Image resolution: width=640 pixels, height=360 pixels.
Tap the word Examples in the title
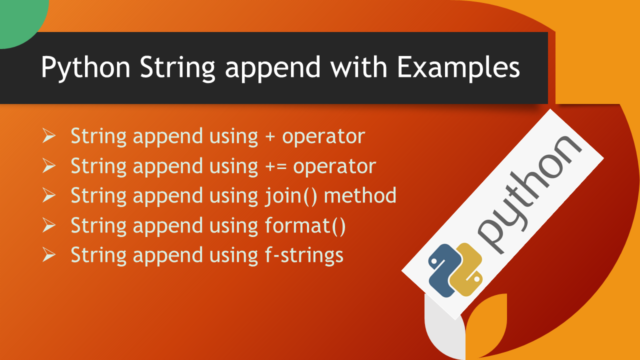(458, 67)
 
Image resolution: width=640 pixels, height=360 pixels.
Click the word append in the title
(272, 69)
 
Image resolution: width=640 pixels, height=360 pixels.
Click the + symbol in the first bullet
(270, 136)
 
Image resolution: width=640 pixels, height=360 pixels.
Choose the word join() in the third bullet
(291, 196)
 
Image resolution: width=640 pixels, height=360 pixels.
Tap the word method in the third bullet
(360, 195)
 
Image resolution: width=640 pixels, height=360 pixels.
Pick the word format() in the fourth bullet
(305, 226)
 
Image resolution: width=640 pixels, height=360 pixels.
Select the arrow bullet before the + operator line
(49, 135)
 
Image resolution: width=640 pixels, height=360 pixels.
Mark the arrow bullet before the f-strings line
(49, 254)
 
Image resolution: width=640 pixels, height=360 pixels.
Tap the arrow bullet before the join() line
(49, 195)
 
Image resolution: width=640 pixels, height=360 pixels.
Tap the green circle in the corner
(20, 20)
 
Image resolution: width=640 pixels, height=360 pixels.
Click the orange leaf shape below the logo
(485, 325)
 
